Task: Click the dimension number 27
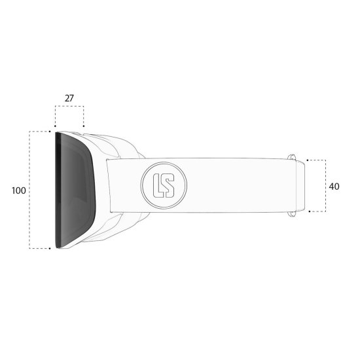coord(69,98)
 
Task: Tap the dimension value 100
coord(19,190)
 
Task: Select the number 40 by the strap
coord(334,187)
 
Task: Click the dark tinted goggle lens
coord(75,190)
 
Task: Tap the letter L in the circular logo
coord(158,185)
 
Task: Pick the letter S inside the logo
coord(169,185)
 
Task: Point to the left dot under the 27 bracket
coord(55,126)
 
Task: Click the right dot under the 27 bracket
coord(84,126)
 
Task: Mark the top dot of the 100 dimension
coord(50,132)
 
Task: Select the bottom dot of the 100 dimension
coord(50,249)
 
